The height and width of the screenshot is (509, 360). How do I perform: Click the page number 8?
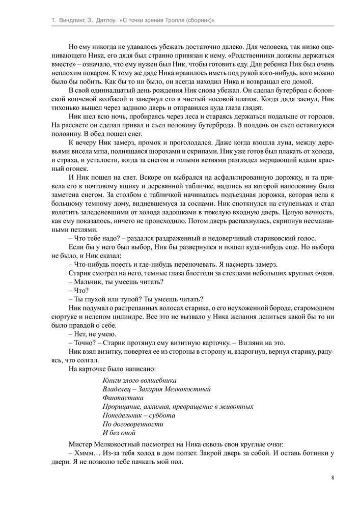(x=332, y=477)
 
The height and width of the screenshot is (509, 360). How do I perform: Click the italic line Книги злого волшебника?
(x=140, y=380)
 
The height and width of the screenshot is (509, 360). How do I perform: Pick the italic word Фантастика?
(x=123, y=398)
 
